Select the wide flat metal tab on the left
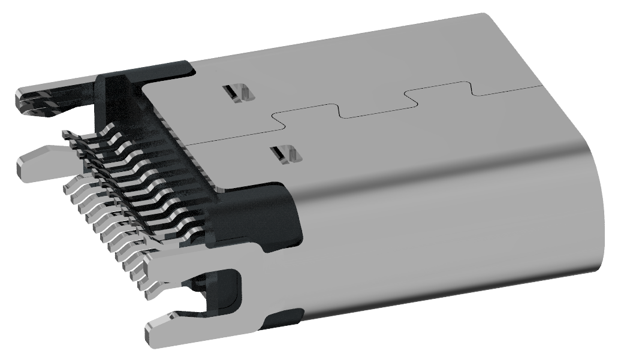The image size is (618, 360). (x=39, y=160)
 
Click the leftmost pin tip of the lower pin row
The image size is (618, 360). (x=67, y=187)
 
